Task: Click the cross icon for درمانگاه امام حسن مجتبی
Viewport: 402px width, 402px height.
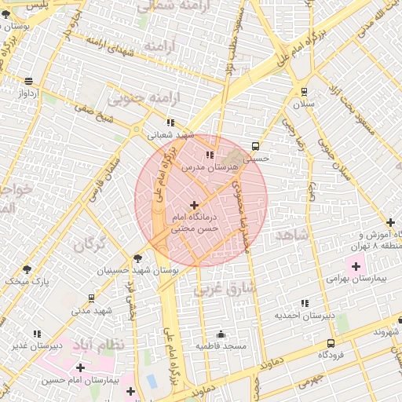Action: coord(194,205)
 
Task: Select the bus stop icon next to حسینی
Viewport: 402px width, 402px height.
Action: coord(255,146)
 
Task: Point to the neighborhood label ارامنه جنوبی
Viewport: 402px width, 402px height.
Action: coord(133,100)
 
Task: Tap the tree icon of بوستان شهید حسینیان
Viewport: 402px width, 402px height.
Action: coord(138,258)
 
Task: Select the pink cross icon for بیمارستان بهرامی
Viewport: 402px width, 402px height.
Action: coord(356,266)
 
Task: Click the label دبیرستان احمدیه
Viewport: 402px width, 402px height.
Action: coord(304,316)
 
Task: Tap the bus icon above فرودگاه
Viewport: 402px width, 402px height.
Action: coord(331,343)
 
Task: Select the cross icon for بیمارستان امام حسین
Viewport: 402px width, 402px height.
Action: coord(80,367)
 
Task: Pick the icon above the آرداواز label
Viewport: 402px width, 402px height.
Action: coord(29,81)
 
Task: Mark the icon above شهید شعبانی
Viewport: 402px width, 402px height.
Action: coord(170,122)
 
